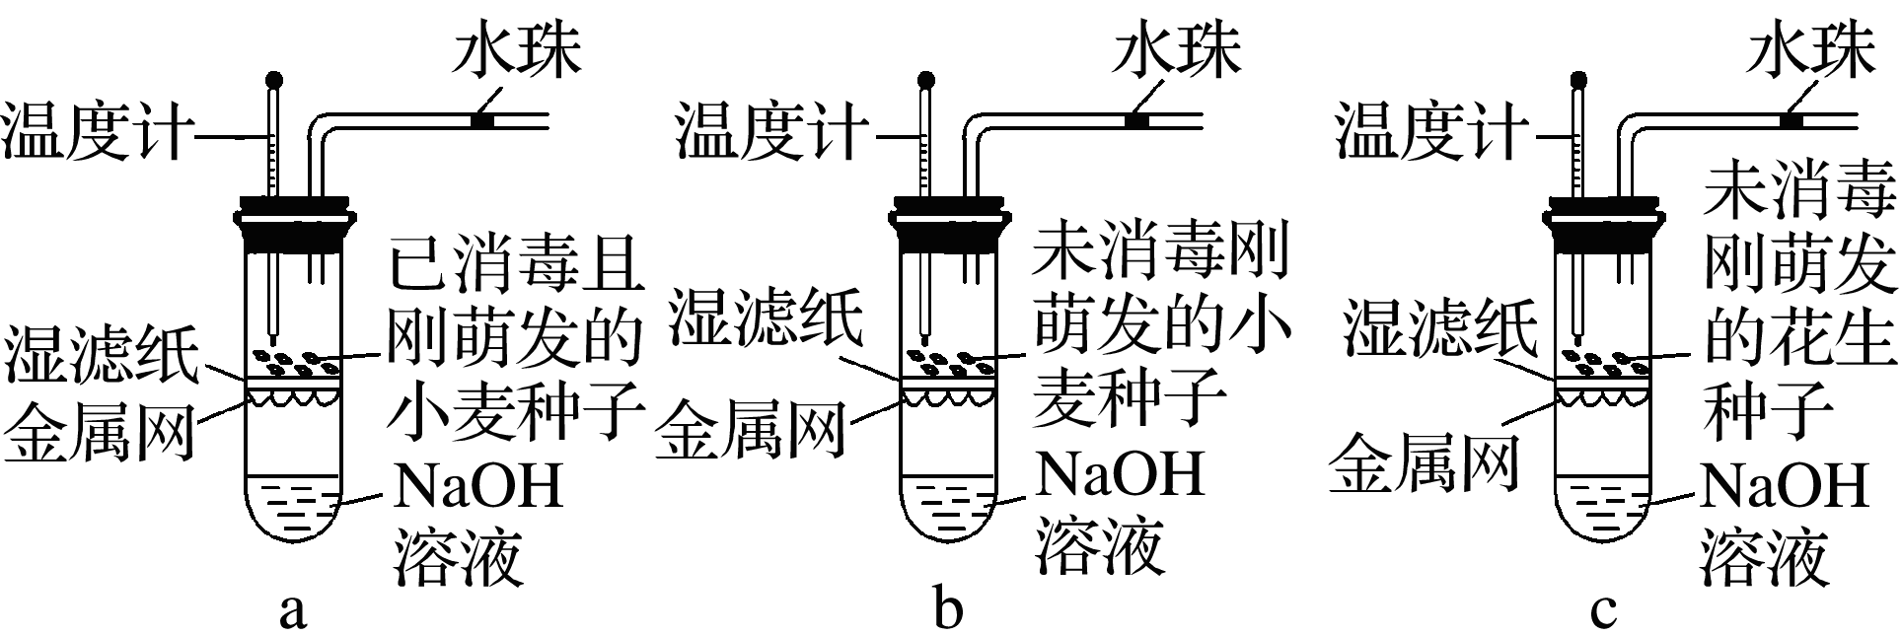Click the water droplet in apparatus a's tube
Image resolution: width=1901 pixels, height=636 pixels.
(x=483, y=121)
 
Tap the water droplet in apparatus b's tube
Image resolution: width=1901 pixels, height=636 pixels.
(x=1138, y=121)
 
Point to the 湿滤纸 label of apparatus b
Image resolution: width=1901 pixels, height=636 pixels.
(x=766, y=316)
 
